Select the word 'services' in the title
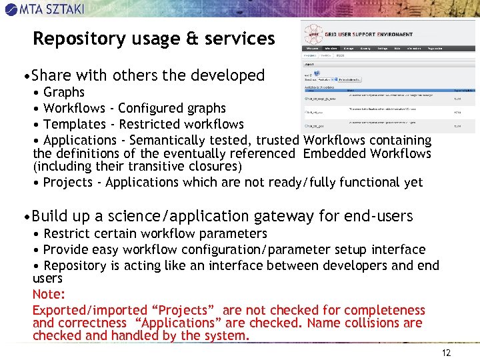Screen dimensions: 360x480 pos(242,39)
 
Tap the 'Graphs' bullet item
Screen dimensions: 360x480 pos(64,92)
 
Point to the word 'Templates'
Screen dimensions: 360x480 pos(74,124)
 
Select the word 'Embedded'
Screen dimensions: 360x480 pos(334,153)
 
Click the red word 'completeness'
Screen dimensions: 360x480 pos(382,310)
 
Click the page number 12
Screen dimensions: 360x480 pos(446,353)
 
